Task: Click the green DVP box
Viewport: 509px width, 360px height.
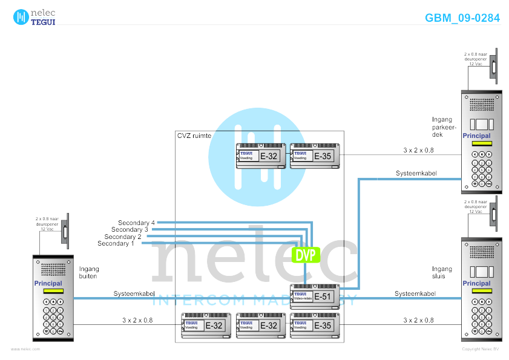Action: click(306, 255)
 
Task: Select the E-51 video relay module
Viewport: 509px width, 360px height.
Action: click(315, 296)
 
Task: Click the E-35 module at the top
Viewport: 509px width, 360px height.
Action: click(315, 155)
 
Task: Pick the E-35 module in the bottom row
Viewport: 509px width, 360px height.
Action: click(315, 325)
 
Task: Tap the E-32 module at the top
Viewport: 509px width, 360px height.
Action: click(260, 155)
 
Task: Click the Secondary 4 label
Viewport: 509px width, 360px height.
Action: click(136, 223)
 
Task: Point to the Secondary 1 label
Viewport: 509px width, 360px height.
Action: click(116, 243)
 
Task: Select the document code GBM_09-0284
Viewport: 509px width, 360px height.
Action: click(462, 18)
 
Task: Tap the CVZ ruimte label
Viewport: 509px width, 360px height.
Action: click(194, 136)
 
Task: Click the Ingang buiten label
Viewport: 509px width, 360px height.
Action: click(89, 272)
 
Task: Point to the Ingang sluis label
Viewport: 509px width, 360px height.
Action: click(442, 272)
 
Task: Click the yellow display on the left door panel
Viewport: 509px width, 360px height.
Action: click(53, 291)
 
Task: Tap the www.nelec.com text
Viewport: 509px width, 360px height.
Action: click(25, 349)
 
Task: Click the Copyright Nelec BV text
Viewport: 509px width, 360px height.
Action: click(480, 349)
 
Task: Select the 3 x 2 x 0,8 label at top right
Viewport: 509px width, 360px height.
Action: click(418, 149)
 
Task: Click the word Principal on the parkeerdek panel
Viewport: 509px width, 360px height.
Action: click(476, 136)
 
